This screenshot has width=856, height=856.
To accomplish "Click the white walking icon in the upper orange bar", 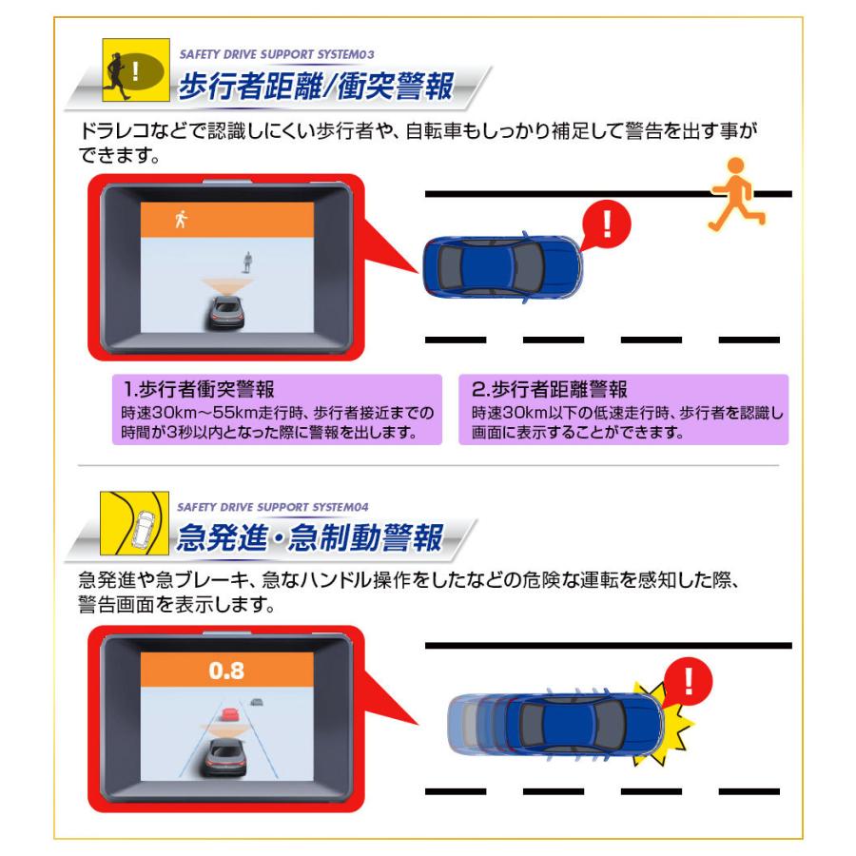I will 181,220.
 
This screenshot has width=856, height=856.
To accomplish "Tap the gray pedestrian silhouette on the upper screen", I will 247,261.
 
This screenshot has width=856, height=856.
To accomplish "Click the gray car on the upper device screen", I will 226,312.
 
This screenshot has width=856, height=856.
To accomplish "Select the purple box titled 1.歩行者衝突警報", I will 277,409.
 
